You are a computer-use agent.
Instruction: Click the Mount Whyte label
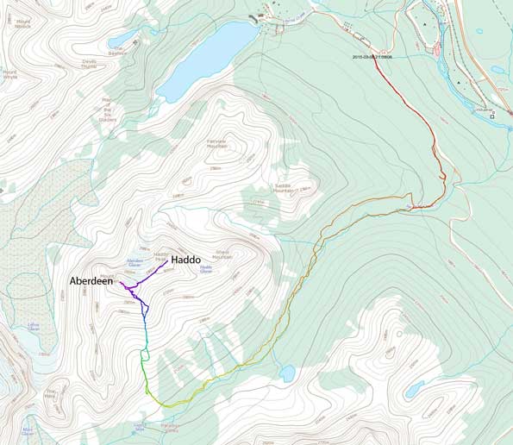click(9, 75)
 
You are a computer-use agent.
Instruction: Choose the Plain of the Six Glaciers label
click(109, 110)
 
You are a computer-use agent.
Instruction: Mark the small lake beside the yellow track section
click(287, 373)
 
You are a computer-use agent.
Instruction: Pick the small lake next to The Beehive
click(128, 37)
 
